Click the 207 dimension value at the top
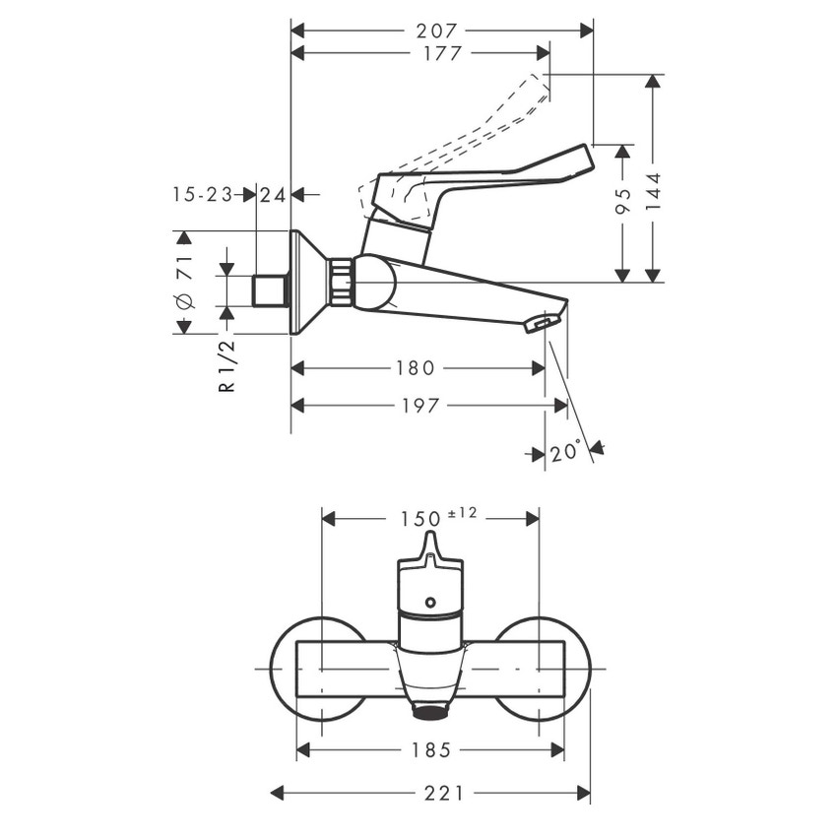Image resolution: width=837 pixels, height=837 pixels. click(x=441, y=31)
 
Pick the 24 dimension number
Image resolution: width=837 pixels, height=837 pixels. click(x=274, y=195)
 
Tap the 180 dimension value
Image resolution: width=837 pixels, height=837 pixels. click(x=415, y=368)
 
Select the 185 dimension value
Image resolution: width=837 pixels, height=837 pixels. click(x=431, y=750)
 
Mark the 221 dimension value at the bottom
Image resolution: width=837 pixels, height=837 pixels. click(x=431, y=793)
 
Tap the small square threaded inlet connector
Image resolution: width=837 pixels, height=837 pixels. click(x=269, y=291)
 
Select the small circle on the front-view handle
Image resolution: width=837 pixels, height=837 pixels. click(x=429, y=601)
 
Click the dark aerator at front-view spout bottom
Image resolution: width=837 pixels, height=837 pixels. click(x=429, y=711)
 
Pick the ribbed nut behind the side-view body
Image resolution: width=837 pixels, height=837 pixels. click(x=341, y=282)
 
